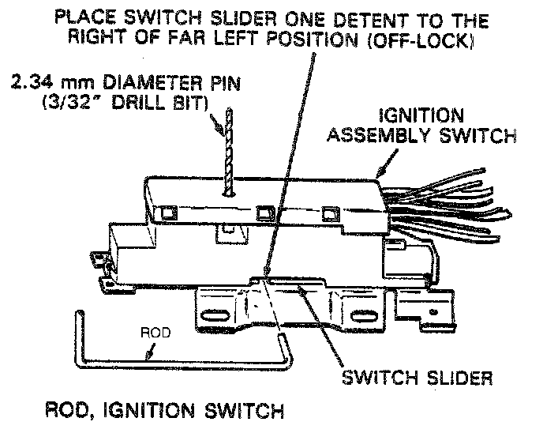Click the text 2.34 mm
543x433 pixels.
[41, 82]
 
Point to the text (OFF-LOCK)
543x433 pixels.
[429, 39]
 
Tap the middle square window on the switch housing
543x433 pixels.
[262, 213]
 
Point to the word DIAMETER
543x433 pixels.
[144, 82]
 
